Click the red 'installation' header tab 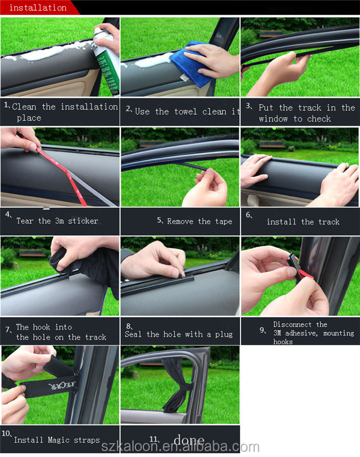(x=38, y=7)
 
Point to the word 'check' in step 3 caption (x=319, y=119)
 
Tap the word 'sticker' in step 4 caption (x=83, y=221)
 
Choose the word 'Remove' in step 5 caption (x=180, y=222)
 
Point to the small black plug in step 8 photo (x=181, y=275)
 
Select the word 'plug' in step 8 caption (x=224, y=334)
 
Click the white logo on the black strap (x=62, y=386)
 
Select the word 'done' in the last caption (x=189, y=439)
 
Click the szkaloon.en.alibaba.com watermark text (x=180, y=447)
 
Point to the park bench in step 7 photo (x=33, y=253)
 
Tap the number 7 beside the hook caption (x=7, y=330)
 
